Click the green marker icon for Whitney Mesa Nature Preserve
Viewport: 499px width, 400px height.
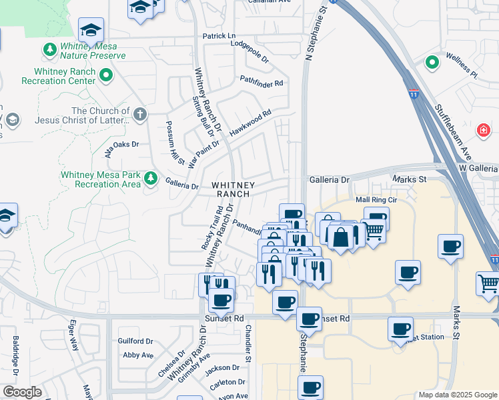(x=49, y=49)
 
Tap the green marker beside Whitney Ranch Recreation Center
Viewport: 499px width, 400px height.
(x=106, y=75)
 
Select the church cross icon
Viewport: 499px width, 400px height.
(x=139, y=114)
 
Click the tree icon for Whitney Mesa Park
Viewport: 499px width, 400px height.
(x=151, y=178)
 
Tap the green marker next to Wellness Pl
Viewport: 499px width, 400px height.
(x=432, y=63)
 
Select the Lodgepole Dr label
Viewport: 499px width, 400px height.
(x=249, y=51)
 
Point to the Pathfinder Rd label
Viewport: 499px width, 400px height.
(x=262, y=83)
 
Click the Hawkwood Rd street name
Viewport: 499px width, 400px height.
(x=250, y=123)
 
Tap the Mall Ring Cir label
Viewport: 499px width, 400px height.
(x=376, y=199)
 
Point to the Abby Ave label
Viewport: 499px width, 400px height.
(x=138, y=355)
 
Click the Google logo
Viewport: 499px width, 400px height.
(x=21, y=392)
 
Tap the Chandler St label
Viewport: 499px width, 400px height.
(x=247, y=343)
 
